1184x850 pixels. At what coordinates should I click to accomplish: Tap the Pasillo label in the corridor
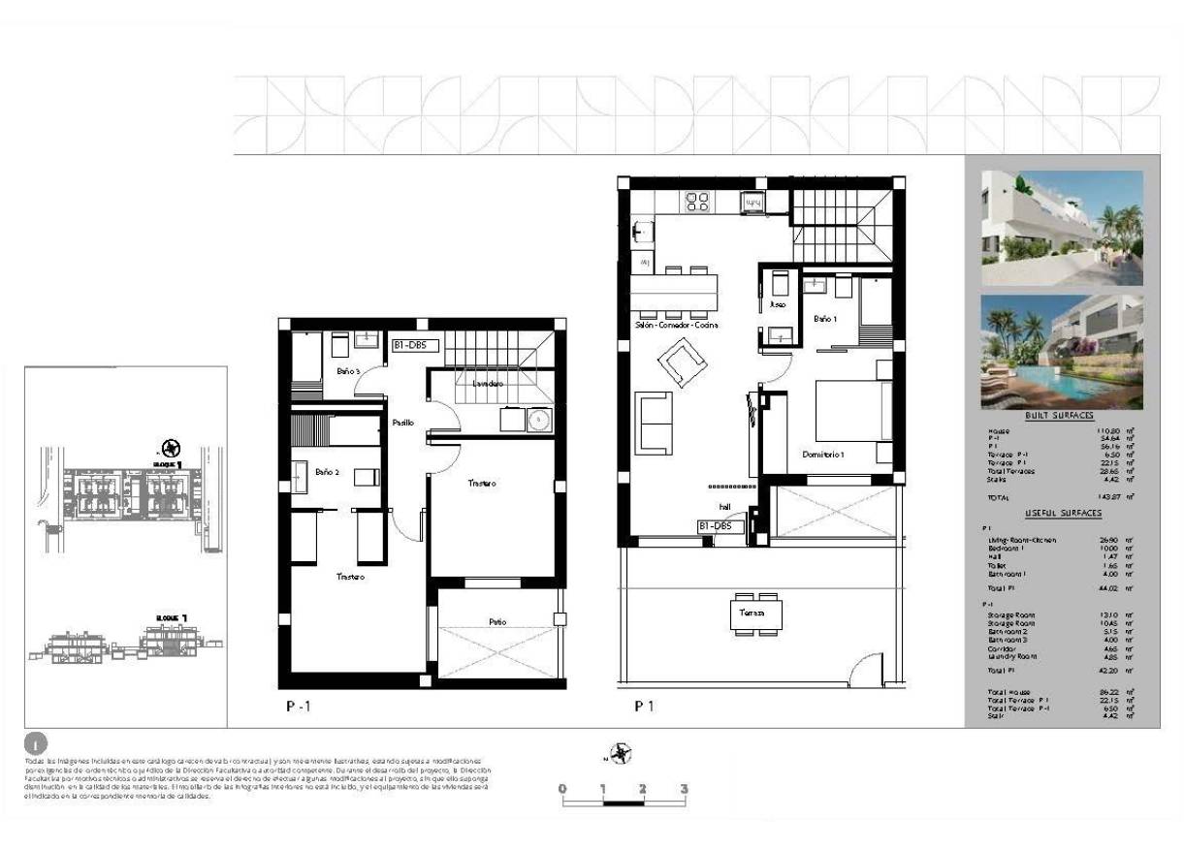pyautogui.click(x=403, y=423)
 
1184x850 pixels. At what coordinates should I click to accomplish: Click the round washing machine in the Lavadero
pyautogui.click(x=538, y=420)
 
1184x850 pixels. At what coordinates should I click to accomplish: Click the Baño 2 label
pyautogui.click(x=326, y=472)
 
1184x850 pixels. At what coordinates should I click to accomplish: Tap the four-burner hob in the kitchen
pyautogui.click(x=696, y=202)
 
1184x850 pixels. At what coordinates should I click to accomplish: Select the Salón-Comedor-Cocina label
pyautogui.click(x=677, y=326)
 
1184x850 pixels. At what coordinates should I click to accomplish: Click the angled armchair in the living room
pyautogui.click(x=682, y=366)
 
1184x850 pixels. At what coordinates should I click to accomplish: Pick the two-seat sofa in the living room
pyautogui.click(x=654, y=423)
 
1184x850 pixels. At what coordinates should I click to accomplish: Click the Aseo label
pyautogui.click(x=776, y=304)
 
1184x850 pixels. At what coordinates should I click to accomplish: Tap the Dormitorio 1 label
pyautogui.click(x=823, y=454)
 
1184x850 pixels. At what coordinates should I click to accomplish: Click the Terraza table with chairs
pyautogui.click(x=756, y=614)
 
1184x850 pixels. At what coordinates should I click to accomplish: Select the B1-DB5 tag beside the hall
pyautogui.click(x=720, y=526)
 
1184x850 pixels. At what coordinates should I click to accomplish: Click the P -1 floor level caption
pyautogui.click(x=298, y=707)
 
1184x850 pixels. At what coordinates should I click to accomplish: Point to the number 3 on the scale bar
pyautogui.click(x=684, y=789)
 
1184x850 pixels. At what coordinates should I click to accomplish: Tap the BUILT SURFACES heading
pyautogui.click(x=1065, y=415)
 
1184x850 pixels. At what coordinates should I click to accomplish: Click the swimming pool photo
pyautogui.click(x=1062, y=351)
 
